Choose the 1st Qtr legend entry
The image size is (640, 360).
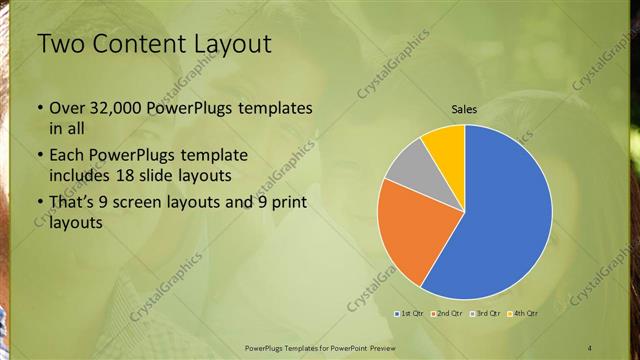410,313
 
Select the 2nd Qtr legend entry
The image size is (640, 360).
447,313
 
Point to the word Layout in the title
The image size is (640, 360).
231,44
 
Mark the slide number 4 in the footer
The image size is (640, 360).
590,346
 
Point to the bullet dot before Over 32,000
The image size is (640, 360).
39,109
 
